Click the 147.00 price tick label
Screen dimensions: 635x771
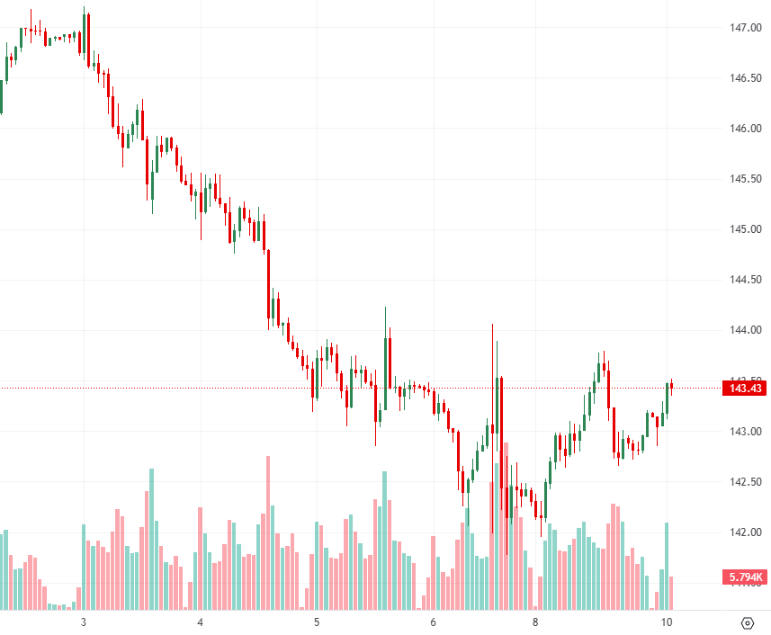745,28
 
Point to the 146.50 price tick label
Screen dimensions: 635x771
745,78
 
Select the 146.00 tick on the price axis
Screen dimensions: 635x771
745,129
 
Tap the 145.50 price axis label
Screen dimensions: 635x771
745,179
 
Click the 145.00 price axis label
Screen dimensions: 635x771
745,229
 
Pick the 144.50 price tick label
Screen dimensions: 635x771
745,280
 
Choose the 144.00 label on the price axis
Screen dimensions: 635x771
745,330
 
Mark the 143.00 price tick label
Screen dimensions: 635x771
745,432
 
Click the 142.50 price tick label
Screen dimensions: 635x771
745,482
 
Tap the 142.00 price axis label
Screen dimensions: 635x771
745,532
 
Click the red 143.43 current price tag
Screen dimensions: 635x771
744,389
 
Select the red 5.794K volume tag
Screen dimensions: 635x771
744,577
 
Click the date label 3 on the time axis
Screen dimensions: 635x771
84,622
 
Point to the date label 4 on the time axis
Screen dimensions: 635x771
200,622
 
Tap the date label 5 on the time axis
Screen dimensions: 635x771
317,622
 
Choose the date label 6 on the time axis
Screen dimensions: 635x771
433,622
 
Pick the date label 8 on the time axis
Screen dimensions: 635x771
535,622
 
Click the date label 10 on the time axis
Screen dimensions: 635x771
667,622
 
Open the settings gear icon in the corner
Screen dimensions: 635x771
747,622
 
